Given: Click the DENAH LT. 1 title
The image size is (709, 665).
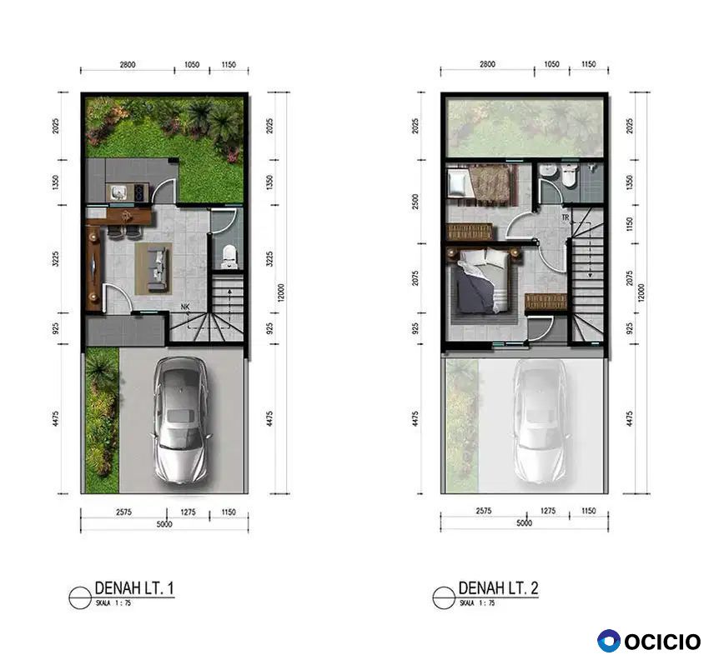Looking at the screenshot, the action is coord(134,587).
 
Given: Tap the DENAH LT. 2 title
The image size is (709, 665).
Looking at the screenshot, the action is coord(498,587).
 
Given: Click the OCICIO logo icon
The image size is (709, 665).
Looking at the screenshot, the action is coord(609,641).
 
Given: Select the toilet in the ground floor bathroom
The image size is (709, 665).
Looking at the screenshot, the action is coord(229,256).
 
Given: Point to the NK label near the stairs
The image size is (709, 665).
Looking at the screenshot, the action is coord(185,307).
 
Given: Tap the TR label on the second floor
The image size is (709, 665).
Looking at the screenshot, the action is coord(566,217).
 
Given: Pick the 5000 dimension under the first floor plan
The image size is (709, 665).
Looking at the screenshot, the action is coord(164,524).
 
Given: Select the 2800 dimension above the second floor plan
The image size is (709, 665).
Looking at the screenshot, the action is coord(487,64).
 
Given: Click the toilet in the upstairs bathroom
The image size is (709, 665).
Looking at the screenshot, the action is coord(569,176).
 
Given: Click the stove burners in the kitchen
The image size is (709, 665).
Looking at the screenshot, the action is coord(140,192).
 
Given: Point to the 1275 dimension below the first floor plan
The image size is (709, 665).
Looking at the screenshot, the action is coord(189,512).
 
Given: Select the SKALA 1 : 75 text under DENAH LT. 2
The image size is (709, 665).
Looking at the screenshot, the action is coord(477,602).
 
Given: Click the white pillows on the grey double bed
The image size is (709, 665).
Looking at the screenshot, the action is coord(485,258).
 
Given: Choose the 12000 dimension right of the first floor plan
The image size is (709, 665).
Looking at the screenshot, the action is coord(281,292).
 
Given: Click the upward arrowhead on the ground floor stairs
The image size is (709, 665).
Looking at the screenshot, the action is coord(229,292).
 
